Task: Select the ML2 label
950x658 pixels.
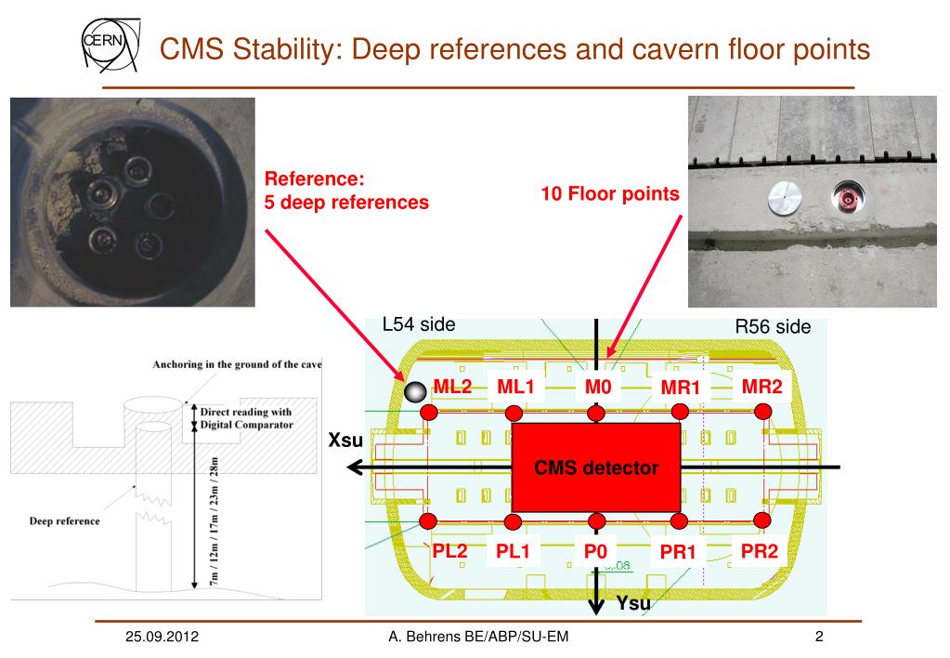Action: [x=453, y=387]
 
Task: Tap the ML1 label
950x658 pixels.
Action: [x=514, y=387]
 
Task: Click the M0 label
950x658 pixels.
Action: [x=597, y=387]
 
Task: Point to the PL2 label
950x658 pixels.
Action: [x=449, y=551]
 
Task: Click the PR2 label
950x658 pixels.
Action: [x=760, y=551]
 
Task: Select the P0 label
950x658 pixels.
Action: [x=595, y=551]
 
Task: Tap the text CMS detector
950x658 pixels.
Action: [x=595, y=467]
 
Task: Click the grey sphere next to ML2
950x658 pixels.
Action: [x=414, y=393]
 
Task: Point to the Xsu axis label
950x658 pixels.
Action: [x=345, y=440]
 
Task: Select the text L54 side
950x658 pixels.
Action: [x=419, y=324]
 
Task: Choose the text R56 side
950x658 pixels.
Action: [x=773, y=326]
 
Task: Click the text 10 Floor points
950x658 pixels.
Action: [x=610, y=194]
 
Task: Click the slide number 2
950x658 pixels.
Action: [x=819, y=637]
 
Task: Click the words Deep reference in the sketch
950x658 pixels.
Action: [x=64, y=520]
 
